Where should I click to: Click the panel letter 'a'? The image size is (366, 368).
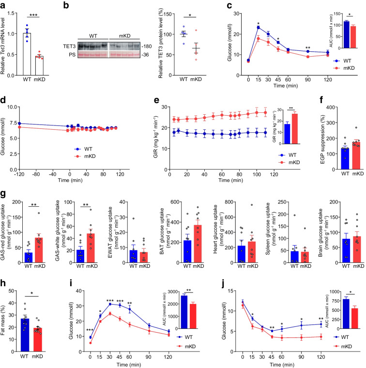pos(4,5)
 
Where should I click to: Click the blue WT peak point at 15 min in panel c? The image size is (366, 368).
pos(259,27)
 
